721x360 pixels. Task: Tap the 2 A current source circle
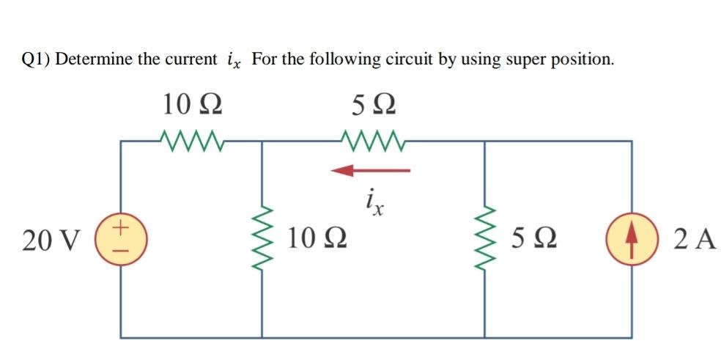pos(632,238)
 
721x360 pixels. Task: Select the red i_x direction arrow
pos(370,171)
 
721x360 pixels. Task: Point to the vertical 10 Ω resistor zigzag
pos(262,238)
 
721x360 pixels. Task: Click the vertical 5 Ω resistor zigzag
pos(484,238)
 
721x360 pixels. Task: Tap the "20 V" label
pos(51,239)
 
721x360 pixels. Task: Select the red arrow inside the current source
pos(632,238)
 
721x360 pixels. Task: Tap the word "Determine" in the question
pos(95,59)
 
